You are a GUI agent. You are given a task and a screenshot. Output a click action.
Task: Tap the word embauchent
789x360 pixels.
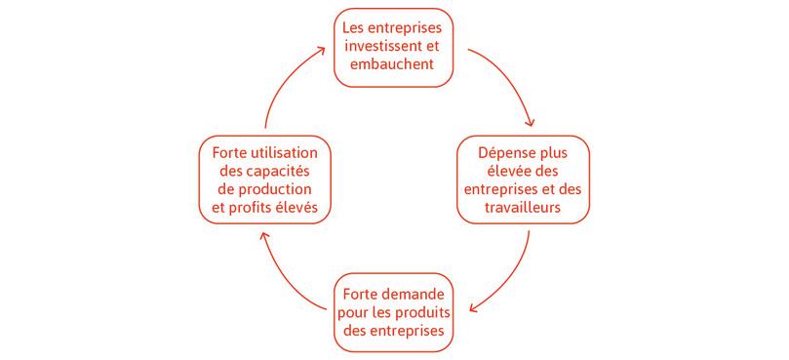point(395,65)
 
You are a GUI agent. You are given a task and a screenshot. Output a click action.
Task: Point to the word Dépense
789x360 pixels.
point(508,153)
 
